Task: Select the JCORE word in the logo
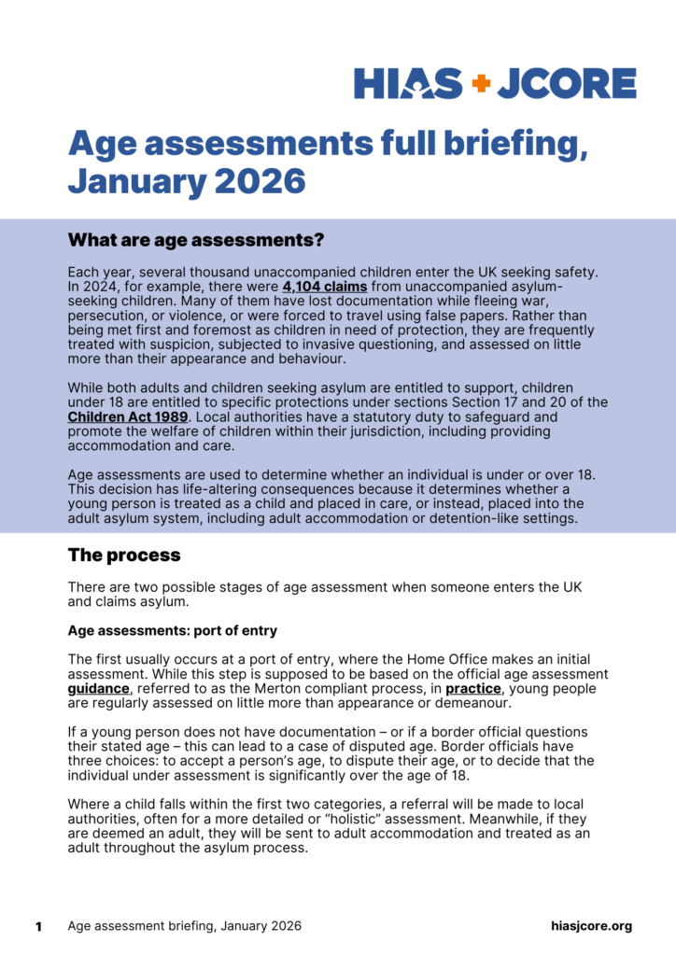pyautogui.click(x=566, y=83)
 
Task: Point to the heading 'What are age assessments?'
pyautogui.click(x=195, y=240)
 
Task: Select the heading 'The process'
pyautogui.click(x=123, y=555)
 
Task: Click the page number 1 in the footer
pyautogui.click(x=39, y=926)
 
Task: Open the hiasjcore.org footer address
pyautogui.click(x=591, y=926)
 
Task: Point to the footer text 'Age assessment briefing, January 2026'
pyautogui.click(x=184, y=926)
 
